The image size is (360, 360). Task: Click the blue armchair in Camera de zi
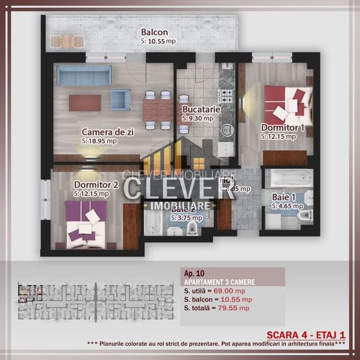click(121, 98)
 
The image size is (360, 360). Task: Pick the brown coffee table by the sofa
click(85, 102)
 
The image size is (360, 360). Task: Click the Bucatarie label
click(201, 109)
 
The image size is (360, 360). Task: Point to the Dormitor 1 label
click(282, 127)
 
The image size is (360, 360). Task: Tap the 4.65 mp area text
click(285, 207)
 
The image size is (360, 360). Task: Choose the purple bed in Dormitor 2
click(86, 220)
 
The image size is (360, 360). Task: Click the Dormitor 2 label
click(97, 185)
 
